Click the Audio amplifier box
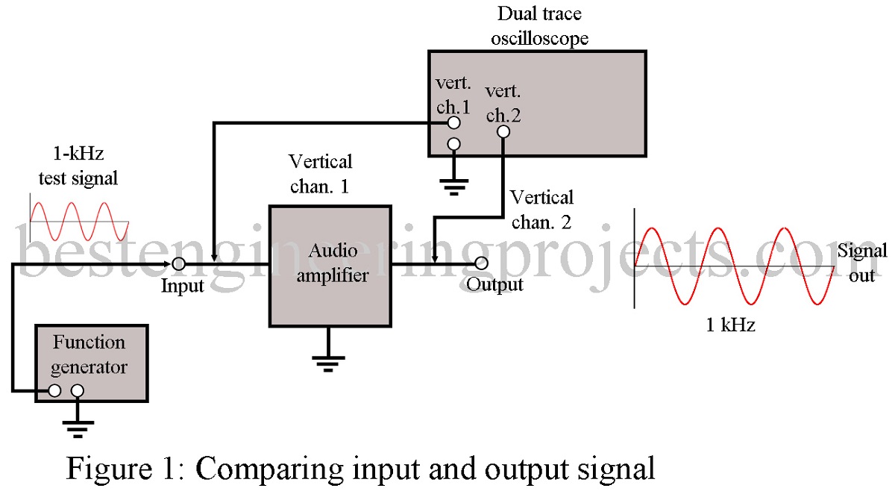(329, 265)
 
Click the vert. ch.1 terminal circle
(453, 122)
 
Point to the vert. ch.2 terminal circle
(503, 131)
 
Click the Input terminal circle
(179, 263)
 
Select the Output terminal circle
(482, 263)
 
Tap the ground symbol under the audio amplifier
(328, 361)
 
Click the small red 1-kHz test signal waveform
(79, 221)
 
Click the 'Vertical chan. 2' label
(541, 208)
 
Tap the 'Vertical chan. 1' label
(320, 173)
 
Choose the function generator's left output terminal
(54, 390)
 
